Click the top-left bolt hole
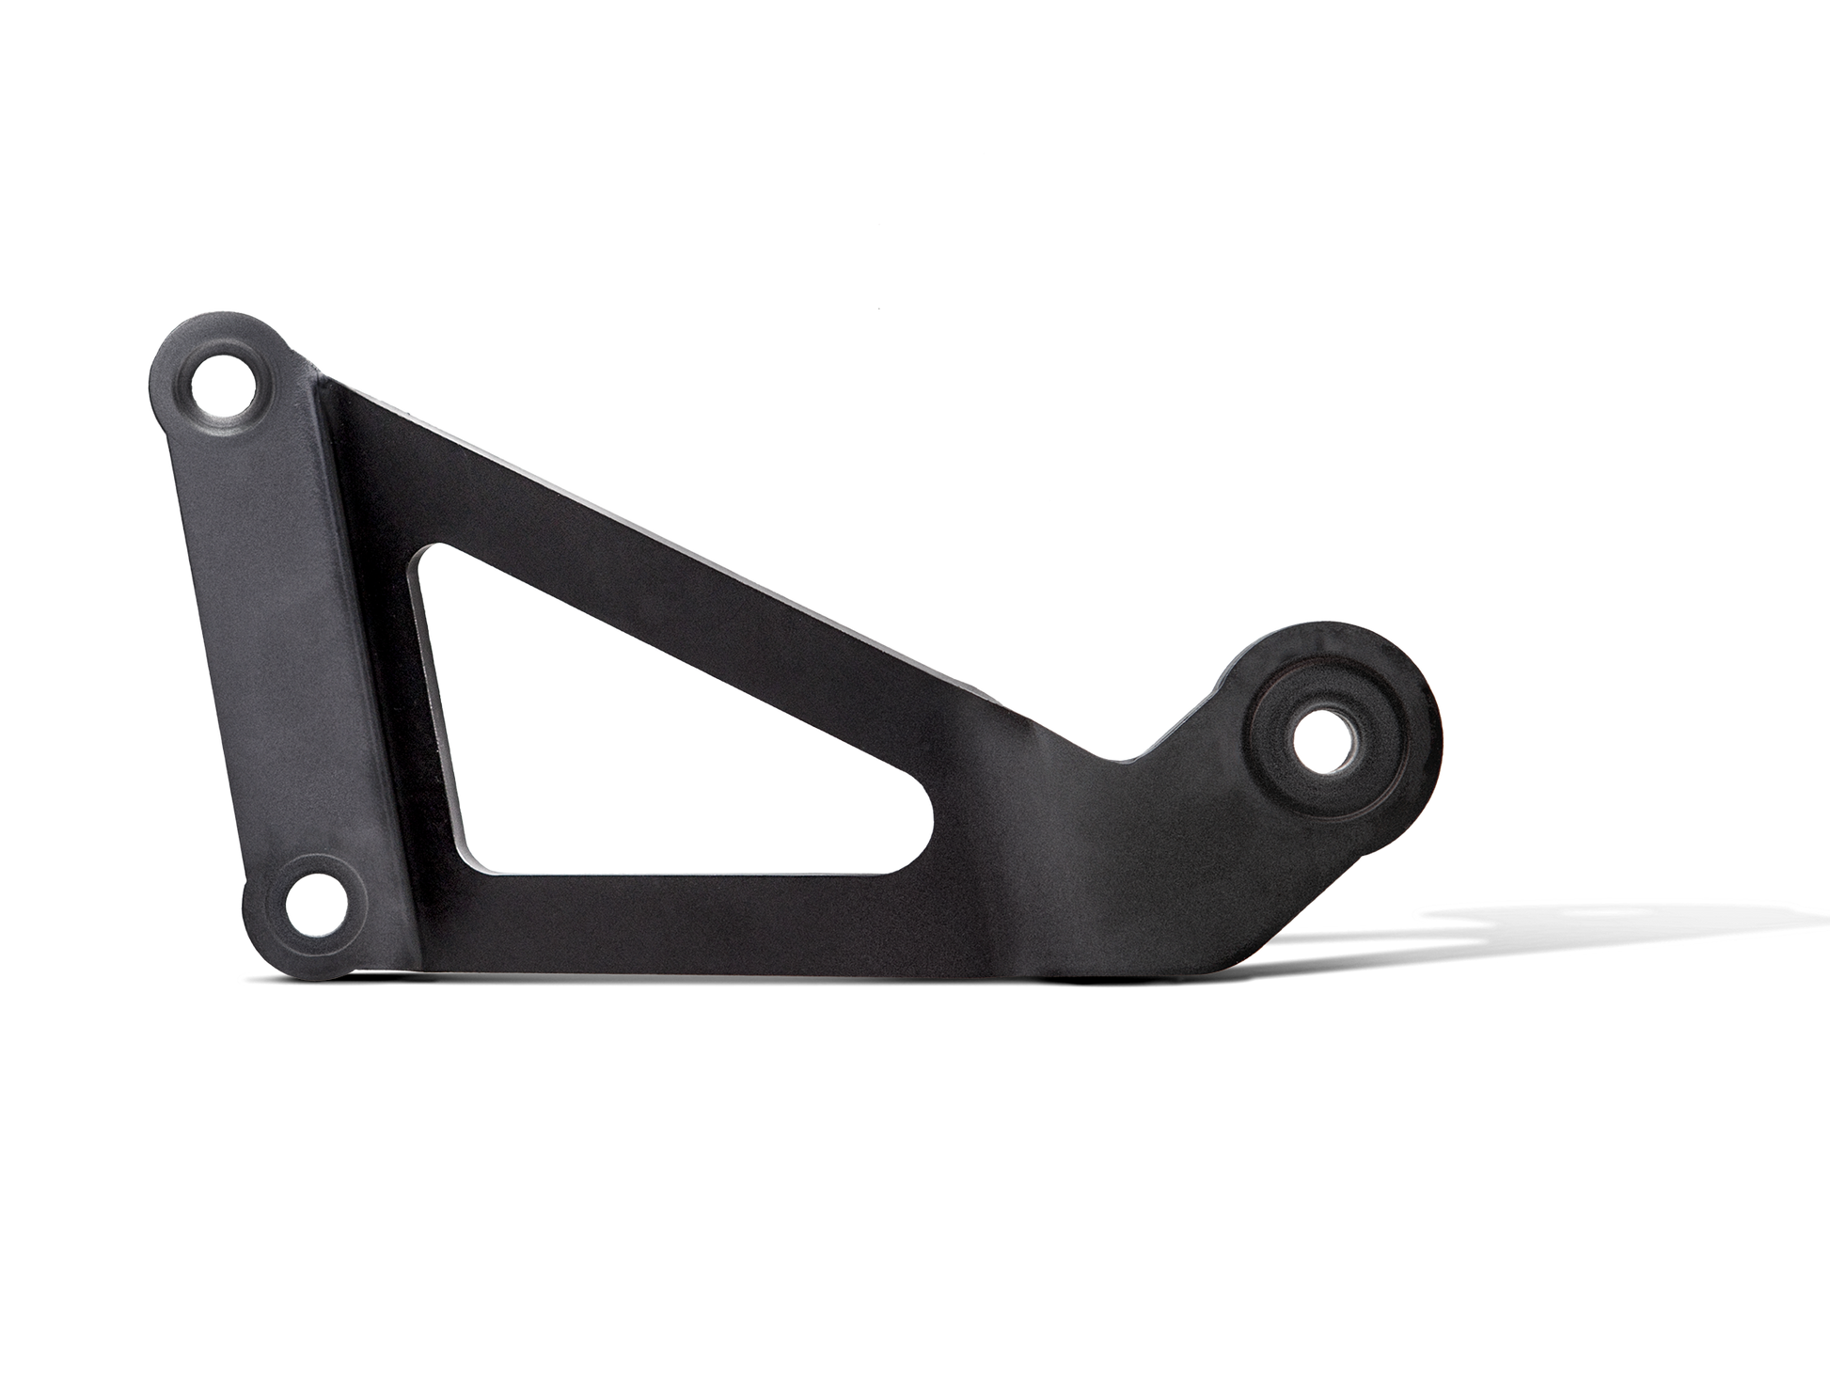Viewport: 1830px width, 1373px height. click(225, 385)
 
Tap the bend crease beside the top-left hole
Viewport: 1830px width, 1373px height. click(324, 395)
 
